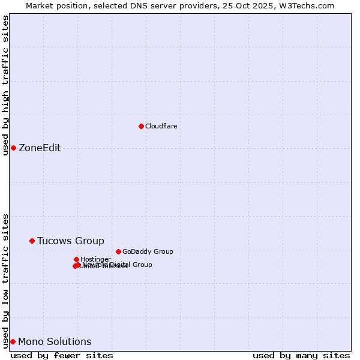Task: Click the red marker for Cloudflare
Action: point(141,126)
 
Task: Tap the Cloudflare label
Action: point(161,126)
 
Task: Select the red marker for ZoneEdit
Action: point(13,148)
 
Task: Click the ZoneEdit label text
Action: point(40,148)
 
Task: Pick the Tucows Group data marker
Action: point(32,241)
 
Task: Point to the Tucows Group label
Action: point(70,241)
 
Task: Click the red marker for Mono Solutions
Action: point(13,341)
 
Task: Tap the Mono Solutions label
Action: point(55,342)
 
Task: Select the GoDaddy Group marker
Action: point(118,251)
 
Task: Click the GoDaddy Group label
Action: point(148,251)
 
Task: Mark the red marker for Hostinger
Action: point(76,259)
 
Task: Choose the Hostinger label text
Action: point(95,259)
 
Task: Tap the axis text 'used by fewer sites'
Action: point(62,355)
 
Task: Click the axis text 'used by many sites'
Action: point(301,355)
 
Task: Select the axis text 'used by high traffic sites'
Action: point(5,85)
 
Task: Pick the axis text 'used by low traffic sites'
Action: point(5,281)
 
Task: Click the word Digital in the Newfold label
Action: point(119,265)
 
